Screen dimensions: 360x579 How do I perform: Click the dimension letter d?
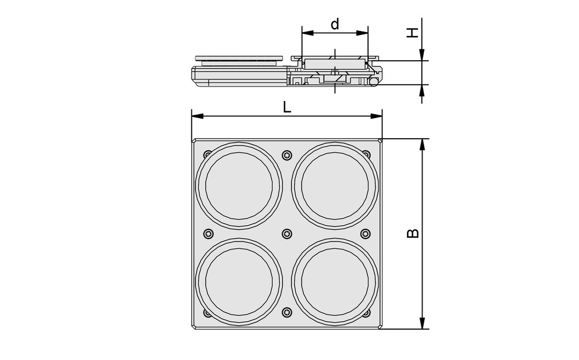[335, 24]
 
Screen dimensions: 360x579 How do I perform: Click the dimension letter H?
[412, 33]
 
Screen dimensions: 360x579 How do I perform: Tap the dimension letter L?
[287, 107]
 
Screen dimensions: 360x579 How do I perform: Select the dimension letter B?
[413, 233]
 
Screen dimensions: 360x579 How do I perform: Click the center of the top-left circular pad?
[238, 186]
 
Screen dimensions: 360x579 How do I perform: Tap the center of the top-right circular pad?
[335, 186]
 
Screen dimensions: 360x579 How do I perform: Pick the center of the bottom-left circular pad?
[238, 283]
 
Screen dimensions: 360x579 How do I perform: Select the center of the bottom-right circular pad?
[335, 283]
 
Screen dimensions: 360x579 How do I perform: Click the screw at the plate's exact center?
[287, 234]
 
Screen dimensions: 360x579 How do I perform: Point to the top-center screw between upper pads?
[287, 155]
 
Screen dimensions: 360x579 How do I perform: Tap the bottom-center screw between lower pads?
[287, 312]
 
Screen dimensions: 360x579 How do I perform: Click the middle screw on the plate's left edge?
[208, 234]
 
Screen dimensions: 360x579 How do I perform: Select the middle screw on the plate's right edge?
[365, 234]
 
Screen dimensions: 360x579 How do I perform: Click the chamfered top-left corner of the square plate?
[194, 141]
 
